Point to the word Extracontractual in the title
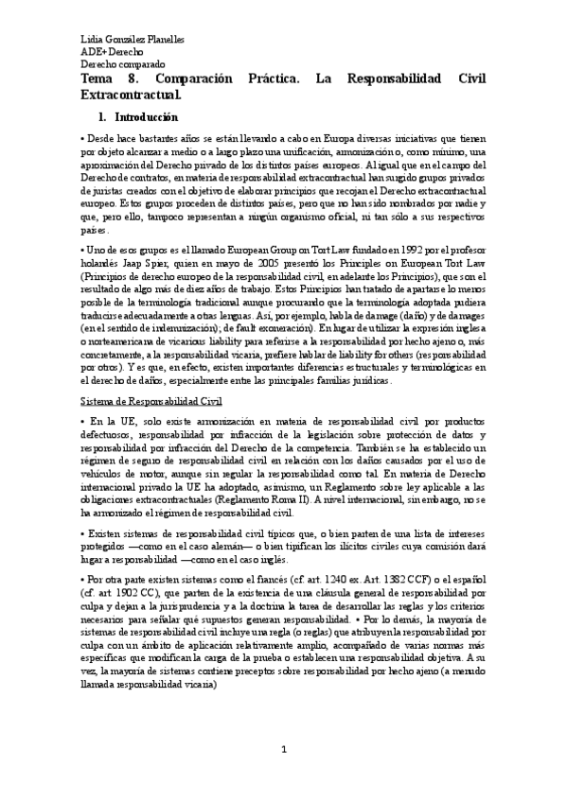(x=131, y=96)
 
